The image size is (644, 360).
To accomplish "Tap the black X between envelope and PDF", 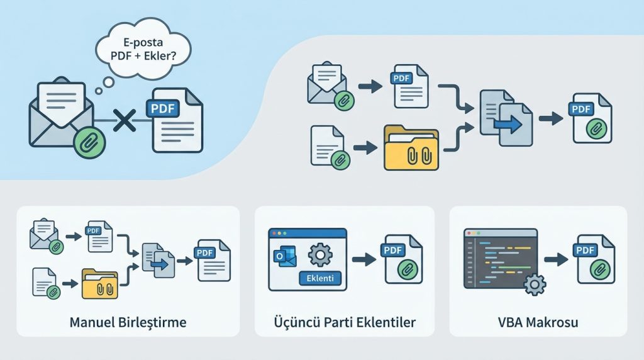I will [x=125, y=119].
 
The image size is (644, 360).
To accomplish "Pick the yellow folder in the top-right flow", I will [x=411, y=149].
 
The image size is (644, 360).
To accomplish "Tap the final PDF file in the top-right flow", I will [x=591, y=118].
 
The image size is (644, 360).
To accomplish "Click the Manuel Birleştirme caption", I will [x=128, y=323].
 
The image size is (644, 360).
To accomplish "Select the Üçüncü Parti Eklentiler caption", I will [x=345, y=323].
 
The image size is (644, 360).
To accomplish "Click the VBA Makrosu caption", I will [x=538, y=323].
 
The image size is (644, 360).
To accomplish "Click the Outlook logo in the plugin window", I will [x=281, y=257].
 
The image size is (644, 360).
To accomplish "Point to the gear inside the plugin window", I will [x=320, y=255].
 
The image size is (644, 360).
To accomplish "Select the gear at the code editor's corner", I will [x=535, y=284].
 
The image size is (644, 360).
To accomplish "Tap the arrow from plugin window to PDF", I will [x=364, y=259].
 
